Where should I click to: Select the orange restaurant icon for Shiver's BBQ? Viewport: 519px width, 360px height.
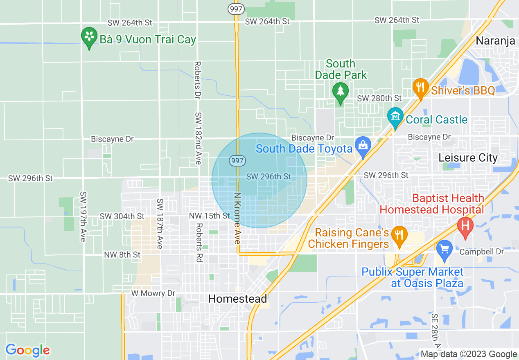(x=420, y=87)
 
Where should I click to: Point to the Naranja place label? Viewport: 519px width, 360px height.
(x=495, y=41)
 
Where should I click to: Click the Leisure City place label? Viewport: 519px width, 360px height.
(x=468, y=158)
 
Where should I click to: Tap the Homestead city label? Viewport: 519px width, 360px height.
(x=237, y=299)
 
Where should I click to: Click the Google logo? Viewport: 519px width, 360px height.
(x=27, y=350)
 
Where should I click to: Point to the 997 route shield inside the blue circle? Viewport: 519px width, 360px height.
(x=237, y=160)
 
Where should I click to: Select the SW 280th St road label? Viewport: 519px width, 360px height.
(x=379, y=98)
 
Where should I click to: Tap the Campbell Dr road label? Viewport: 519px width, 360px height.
(x=481, y=252)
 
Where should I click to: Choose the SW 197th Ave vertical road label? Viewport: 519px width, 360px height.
(x=83, y=216)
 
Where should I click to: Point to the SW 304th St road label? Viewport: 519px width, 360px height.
(x=122, y=216)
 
